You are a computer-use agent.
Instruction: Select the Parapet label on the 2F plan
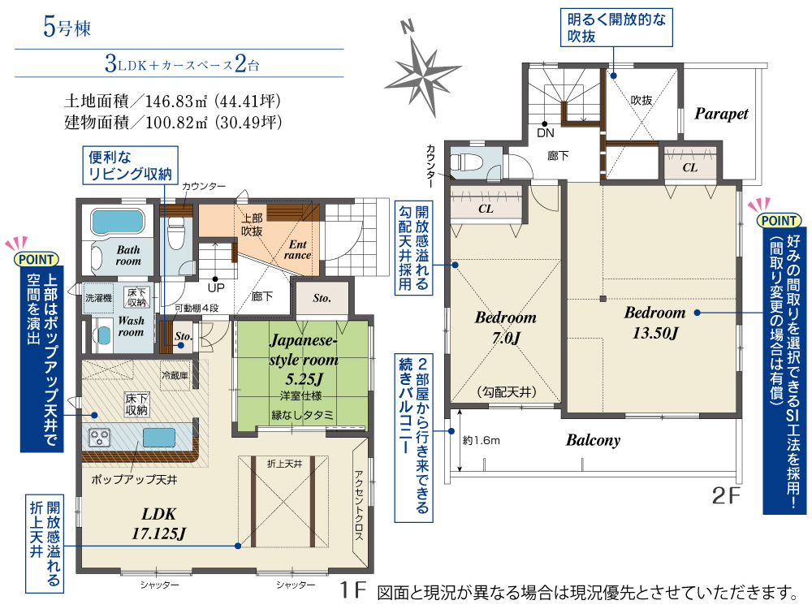721,114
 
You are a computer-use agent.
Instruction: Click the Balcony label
593,440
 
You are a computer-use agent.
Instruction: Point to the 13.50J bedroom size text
655,333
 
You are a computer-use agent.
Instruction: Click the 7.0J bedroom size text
506,338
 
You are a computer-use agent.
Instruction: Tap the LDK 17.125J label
158,523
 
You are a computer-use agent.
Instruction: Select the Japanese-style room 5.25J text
304,360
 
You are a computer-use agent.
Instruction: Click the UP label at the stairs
216,288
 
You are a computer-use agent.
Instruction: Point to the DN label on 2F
546,133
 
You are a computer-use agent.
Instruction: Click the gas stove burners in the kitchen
99,437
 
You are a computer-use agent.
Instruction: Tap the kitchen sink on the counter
159,438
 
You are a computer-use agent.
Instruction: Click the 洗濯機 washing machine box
98,298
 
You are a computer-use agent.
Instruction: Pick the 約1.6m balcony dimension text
481,441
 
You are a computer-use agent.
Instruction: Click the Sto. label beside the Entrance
322,298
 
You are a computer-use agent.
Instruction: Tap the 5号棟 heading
67,28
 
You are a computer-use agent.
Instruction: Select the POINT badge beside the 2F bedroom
780,221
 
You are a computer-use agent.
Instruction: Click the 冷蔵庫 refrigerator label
175,375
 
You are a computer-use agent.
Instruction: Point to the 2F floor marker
726,495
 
